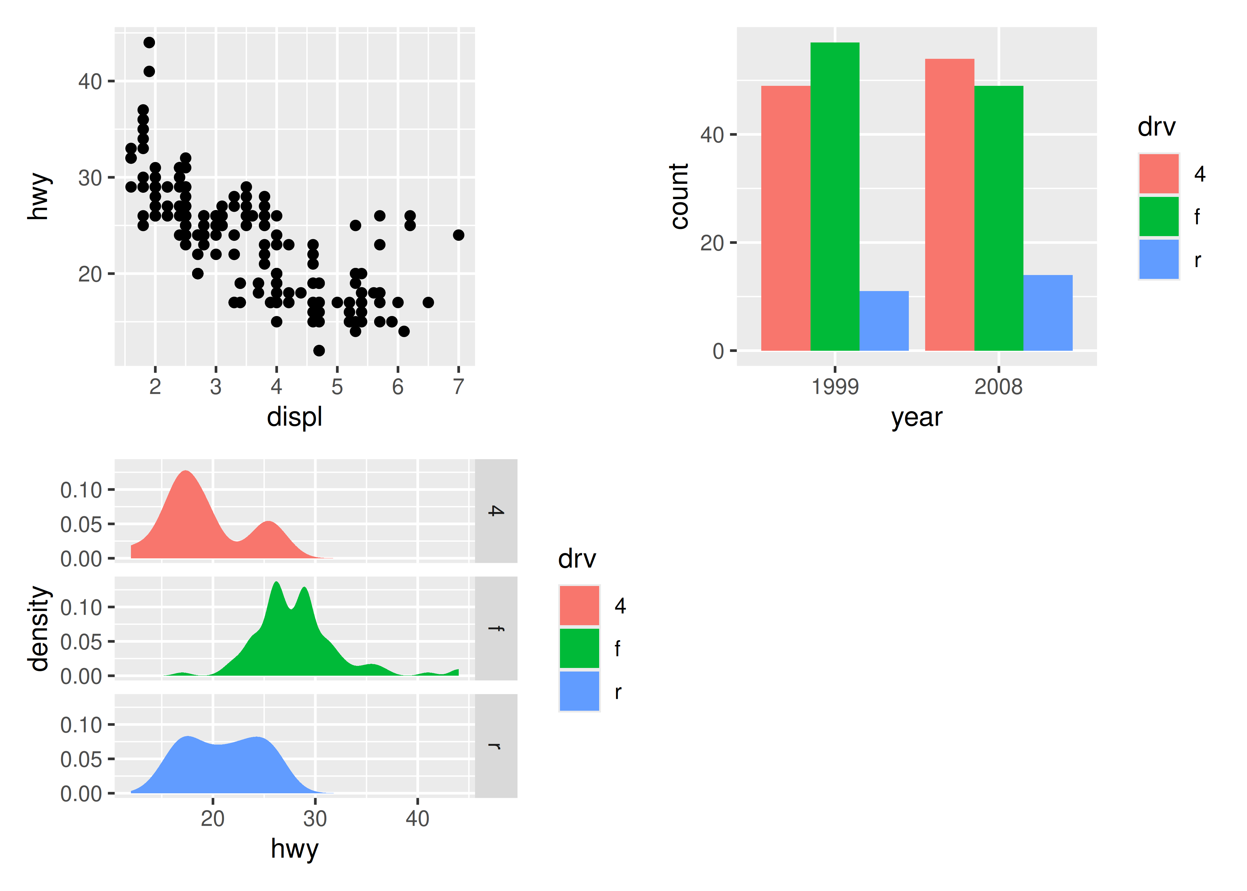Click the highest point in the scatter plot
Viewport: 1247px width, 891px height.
pyautogui.click(x=149, y=42)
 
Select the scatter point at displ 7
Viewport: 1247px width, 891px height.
pyautogui.click(x=458, y=235)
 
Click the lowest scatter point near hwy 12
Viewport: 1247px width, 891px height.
pyautogui.click(x=319, y=350)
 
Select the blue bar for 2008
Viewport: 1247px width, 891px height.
pyautogui.click(x=1047, y=313)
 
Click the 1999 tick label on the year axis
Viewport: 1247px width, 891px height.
pyautogui.click(x=835, y=387)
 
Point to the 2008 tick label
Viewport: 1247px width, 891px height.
pyautogui.click(x=998, y=387)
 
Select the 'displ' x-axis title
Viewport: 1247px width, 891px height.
pyautogui.click(x=295, y=417)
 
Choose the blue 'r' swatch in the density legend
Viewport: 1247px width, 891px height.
pyautogui.click(x=579, y=691)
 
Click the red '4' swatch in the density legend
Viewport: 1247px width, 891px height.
pyautogui.click(x=579, y=605)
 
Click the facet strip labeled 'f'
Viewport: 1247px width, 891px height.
pyautogui.click(x=496, y=628)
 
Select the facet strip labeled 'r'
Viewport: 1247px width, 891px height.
pyautogui.click(x=496, y=745)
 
